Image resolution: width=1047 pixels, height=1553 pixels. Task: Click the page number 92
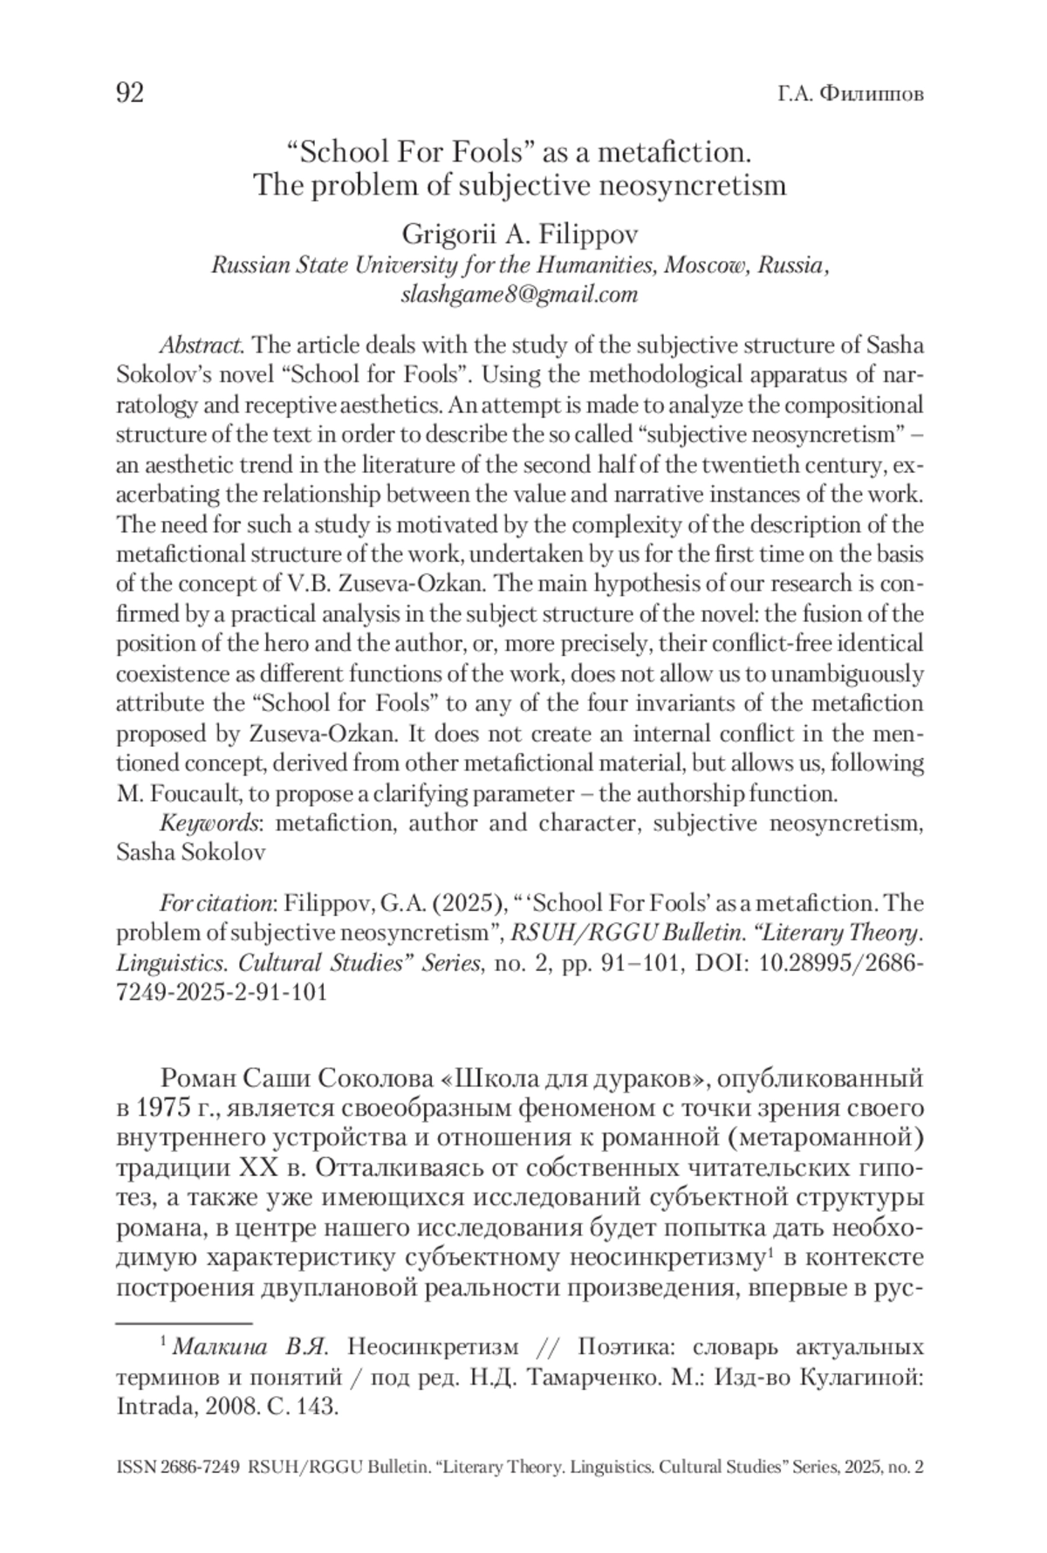(130, 93)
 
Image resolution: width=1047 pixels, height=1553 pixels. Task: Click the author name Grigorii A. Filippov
(520, 235)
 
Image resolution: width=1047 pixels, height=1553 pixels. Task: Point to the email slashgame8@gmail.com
(520, 294)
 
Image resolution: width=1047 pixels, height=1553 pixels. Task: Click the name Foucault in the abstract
(196, 793)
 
